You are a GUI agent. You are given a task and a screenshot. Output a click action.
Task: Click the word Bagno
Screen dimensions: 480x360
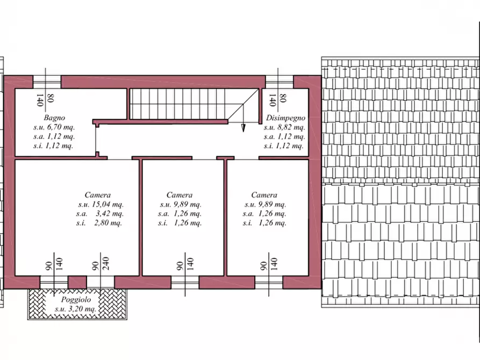pos(54,118)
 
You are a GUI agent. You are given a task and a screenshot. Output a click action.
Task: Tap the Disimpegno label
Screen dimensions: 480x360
pos(285,118)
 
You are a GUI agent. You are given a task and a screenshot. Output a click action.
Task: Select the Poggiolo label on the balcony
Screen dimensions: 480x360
pos(76,300)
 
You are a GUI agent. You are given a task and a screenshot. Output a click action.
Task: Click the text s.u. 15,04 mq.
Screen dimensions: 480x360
pos(101,205)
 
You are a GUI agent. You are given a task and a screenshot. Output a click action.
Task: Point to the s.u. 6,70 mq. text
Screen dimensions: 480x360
pos(54,127)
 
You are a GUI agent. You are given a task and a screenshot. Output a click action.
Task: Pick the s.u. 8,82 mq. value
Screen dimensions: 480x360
pos(284,127)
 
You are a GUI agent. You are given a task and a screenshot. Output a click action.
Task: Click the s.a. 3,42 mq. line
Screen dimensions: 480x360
pos(100,214)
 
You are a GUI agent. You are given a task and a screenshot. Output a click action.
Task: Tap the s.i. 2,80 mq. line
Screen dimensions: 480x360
pos(99,223)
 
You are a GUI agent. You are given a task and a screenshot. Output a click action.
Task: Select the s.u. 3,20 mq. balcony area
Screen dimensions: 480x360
pos(76,309)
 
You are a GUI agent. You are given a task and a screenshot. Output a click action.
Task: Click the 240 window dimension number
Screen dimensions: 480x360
pos(105,264)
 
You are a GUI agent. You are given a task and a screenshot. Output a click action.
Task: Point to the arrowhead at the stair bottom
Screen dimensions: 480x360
pos(243,128)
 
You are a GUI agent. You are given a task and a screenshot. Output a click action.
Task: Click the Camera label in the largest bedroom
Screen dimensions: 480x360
pos(98,195)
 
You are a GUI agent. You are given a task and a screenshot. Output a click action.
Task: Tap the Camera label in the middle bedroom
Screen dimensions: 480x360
pos(180,195)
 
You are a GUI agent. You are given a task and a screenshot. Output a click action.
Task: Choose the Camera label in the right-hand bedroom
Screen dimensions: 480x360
pos(264,195)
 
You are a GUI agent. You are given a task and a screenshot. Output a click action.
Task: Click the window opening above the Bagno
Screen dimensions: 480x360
pos(47,82)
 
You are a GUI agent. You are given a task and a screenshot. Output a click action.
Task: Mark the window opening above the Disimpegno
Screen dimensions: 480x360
pos(280,82)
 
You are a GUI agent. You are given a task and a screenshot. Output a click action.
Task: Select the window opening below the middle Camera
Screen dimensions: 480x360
pos(185,282)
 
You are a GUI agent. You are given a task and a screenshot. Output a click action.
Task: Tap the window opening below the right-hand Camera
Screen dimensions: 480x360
pos(269,282)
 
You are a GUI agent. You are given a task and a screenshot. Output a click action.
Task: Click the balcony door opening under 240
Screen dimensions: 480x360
pos(101,282)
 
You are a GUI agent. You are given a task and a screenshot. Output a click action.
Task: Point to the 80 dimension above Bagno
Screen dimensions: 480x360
pos(51,98)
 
